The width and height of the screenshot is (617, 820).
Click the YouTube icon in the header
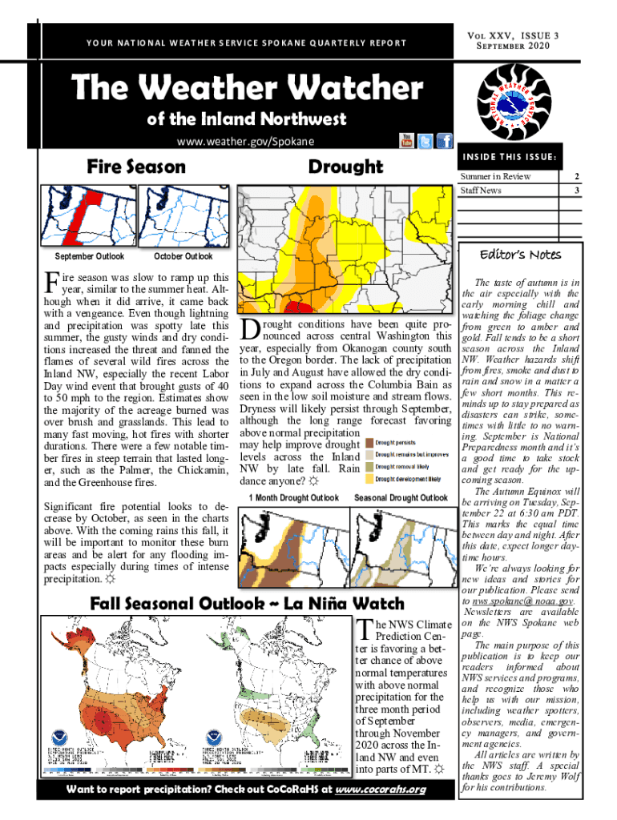pos(406,142)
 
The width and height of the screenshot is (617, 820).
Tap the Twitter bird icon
pos(425,142)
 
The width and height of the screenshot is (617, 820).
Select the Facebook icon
pos(444,142)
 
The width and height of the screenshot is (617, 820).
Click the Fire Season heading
pos(135,167)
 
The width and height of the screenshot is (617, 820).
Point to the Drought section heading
pos(345,167)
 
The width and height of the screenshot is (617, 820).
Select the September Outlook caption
pos(88,257)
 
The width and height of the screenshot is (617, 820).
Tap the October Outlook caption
pos(183,257)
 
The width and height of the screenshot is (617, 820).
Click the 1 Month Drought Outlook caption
pos(293,498)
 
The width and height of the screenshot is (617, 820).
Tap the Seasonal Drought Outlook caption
pos(401,498)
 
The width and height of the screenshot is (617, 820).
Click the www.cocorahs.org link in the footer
pos(380,790)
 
